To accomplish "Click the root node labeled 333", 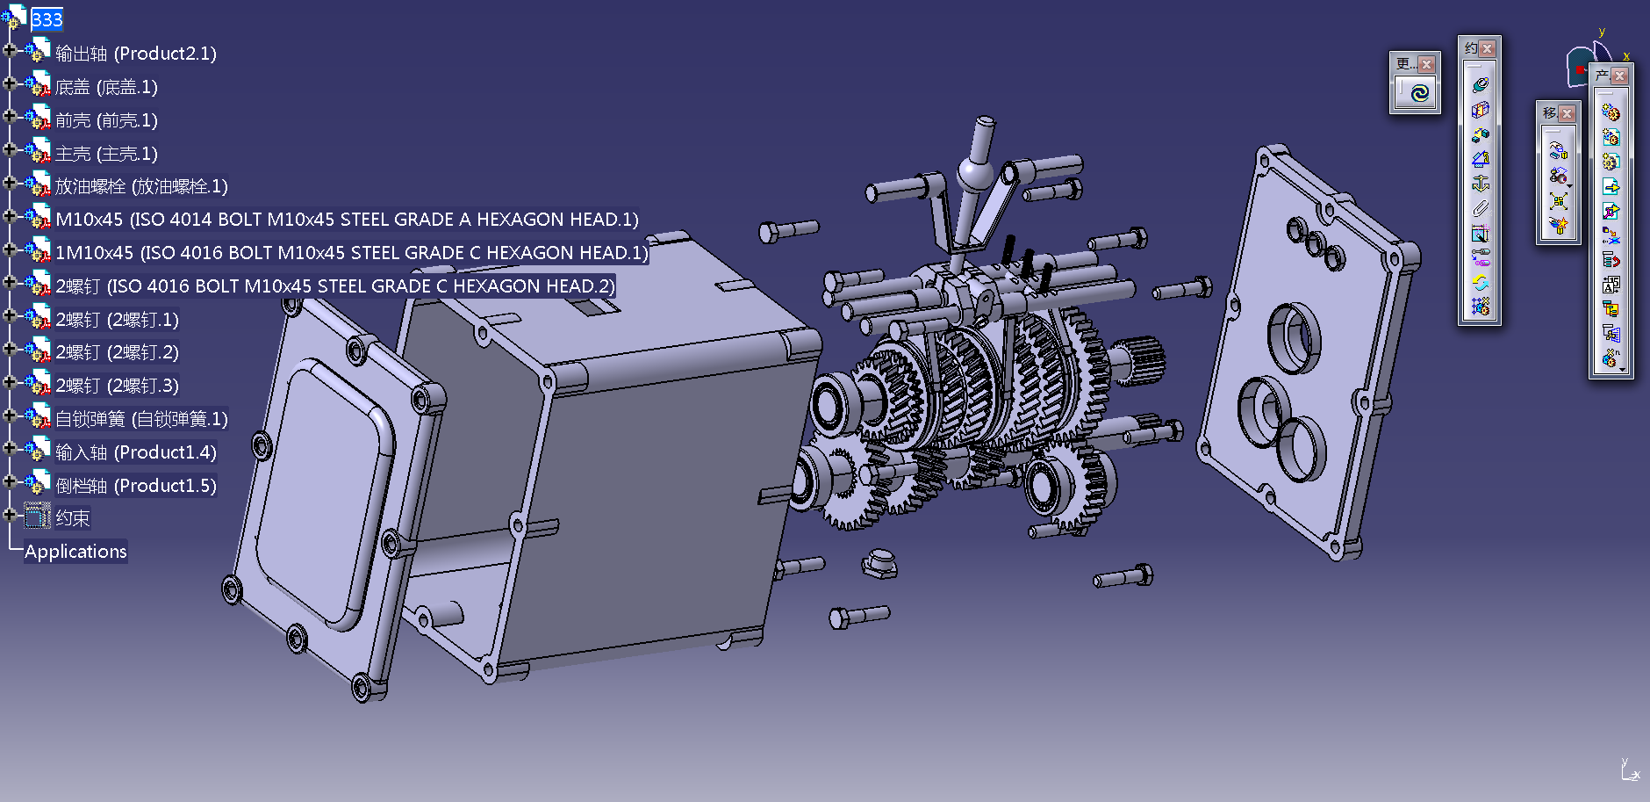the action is click(x=47, y=19).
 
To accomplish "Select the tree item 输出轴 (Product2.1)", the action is click(x=135, y=54).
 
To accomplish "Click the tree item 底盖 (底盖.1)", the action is click(x=106, y=87).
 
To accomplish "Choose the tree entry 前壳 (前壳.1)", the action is click(x=106, y=120).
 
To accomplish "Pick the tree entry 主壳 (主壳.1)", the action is click(x=106, y=154).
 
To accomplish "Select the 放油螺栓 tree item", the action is click(x=141, y=186).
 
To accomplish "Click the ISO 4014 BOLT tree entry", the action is click(x=347, y=220).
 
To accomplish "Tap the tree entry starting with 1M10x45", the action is click(x=351, y=253).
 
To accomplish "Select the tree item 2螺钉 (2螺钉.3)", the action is click(x=117, y=386).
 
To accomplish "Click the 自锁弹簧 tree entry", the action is click(x=141, y=419).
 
